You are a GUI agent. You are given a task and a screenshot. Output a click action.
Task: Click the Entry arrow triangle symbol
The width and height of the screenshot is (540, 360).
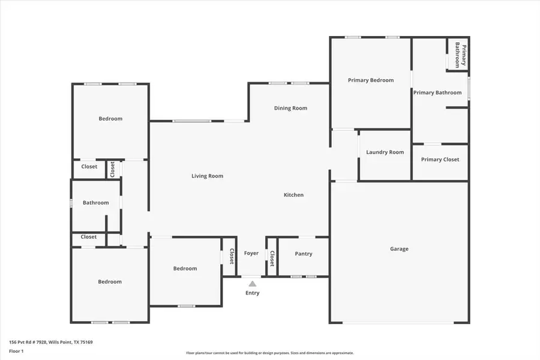click(x=253, y=284)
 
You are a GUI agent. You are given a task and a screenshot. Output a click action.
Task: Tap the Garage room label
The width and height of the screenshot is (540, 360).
click(x=399, y=249)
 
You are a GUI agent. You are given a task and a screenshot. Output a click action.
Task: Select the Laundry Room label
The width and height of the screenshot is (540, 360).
click(x=385, y=152)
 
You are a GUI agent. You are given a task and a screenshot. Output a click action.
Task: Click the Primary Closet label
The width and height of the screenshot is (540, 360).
click(x=440, y=160)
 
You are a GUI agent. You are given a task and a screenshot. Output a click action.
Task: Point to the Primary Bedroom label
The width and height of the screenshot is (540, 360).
click(x=371, y=80)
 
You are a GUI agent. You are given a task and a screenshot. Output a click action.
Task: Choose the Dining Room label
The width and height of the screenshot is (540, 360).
click(x=290, y=109)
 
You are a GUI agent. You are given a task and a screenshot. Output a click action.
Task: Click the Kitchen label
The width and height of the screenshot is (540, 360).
click(x=293, y=195)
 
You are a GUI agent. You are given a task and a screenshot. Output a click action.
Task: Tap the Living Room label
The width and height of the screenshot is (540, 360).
click(x=207, y=176)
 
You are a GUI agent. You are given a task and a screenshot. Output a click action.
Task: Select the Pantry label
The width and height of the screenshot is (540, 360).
click(x=304, y=254)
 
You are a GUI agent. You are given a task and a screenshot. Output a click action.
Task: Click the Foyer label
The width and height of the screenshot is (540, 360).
click(x=251, y=253)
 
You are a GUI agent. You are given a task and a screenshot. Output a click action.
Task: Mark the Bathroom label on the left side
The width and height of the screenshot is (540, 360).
click(x=95, y=203)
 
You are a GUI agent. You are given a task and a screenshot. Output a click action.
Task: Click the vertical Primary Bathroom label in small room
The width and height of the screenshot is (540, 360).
click(x=460, y=55)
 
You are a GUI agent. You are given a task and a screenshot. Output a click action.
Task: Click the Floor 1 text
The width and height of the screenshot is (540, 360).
click(x=16, y=350)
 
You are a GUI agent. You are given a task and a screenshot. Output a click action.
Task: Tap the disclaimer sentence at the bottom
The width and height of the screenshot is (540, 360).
click(x=270, y=353)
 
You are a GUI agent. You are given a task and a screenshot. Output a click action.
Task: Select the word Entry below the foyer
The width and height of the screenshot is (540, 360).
click(x=253, y=293)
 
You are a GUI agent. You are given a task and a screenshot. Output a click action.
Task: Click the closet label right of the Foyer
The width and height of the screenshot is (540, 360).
click(x=272, y=258)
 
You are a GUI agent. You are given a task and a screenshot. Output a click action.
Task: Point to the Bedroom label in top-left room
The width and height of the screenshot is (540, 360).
click(x=110, y=119)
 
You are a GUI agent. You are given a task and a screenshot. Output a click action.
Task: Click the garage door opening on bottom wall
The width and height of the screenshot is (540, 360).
click(x=398, y=323)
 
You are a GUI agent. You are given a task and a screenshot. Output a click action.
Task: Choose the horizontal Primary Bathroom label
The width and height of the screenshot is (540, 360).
click(x=437, y=93)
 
